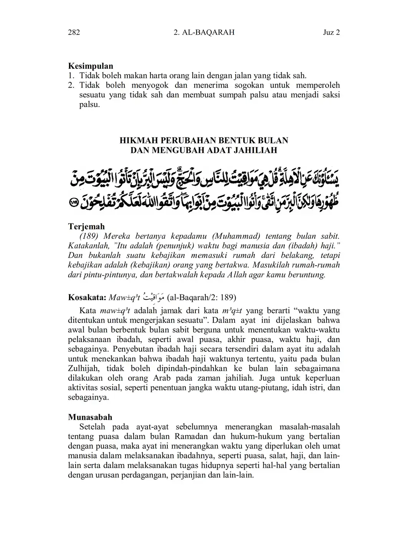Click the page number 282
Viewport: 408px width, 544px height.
[x=74, y=32]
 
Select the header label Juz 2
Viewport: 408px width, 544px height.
[x=332, y=32]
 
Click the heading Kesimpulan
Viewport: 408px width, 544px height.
[x=91, y=66]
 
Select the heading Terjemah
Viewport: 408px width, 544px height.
[x=86, y=227]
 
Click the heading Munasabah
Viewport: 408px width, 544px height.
[x=90, y=417]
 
